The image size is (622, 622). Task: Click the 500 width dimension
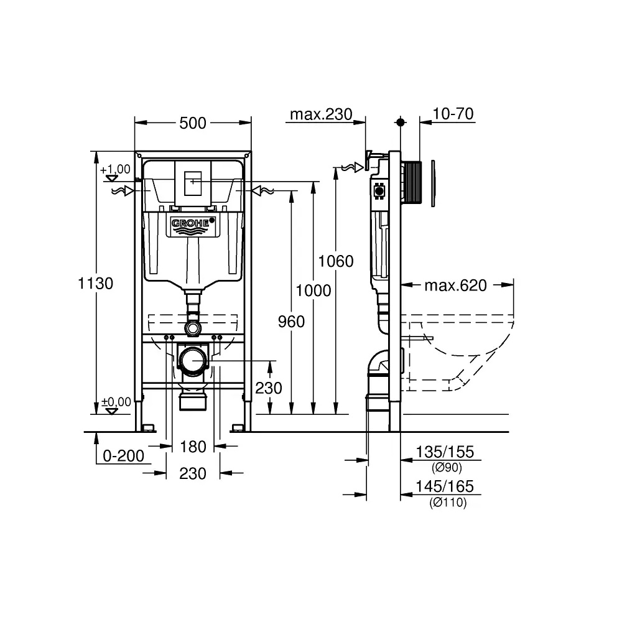click(x=192, y=123)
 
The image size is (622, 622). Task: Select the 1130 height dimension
click(x=96, y=283)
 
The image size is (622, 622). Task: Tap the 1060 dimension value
click(x=336, y=261)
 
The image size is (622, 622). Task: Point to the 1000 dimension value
click(x=313, y=290)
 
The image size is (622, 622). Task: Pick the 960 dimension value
click(x=291, y=322)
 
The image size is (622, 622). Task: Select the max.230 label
click(x=321, y=114)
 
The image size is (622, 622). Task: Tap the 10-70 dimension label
click(x=453, y=114)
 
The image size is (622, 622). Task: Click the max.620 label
click(x=456, y=285)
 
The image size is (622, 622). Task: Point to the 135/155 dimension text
click(x=445, y=452)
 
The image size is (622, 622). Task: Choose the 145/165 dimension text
click(x=445, y=486)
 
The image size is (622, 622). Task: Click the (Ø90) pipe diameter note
click(x=447, y=468)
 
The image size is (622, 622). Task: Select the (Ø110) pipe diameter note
click(x=448, y=503)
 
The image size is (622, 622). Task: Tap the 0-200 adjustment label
click(x=123, y=456)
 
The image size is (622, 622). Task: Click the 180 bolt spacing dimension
click(x=193, y=447)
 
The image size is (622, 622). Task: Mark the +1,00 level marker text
click(x=115, y=169)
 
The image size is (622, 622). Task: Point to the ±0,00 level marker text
click(x=116, y=402)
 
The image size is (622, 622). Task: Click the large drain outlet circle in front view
click(x=193, y=361)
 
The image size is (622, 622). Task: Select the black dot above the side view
click(x=400, y=122)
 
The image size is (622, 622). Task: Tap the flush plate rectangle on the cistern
click(x=193, y=183)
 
